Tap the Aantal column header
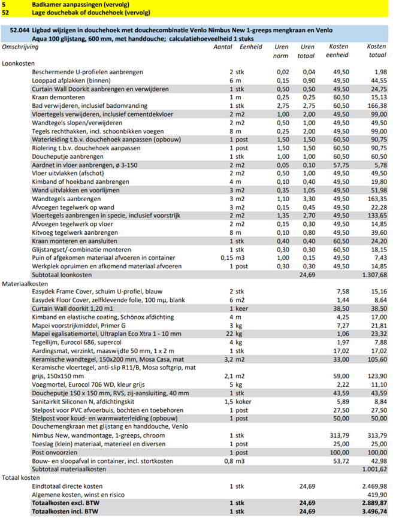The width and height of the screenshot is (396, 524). [222, 46]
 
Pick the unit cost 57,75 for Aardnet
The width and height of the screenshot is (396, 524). [341, 164]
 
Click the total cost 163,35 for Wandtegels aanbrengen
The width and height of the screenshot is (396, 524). [377, 198]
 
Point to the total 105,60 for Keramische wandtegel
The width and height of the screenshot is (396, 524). [377, 358]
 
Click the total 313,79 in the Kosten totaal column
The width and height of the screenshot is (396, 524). [376, 435]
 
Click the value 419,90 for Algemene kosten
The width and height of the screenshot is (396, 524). [377, 494]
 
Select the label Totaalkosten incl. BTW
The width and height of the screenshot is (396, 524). [66, 512]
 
